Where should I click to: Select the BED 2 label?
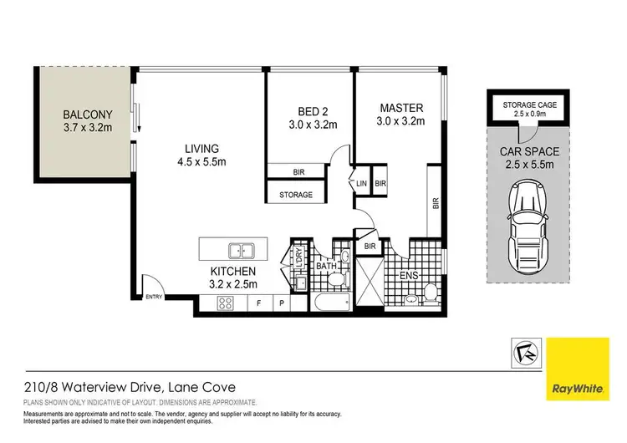(x=306, y=111)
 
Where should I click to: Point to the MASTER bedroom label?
(x=401, y=108)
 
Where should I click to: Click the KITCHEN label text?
(x=233, y=272)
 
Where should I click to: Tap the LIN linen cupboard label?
(x=361, y=184)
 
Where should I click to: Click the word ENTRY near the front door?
(x=154, y=298)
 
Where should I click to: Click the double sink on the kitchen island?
(x=241, y=249)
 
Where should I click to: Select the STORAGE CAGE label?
(x=524, y=104)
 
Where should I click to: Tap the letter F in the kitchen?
(x=259, y=302)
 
